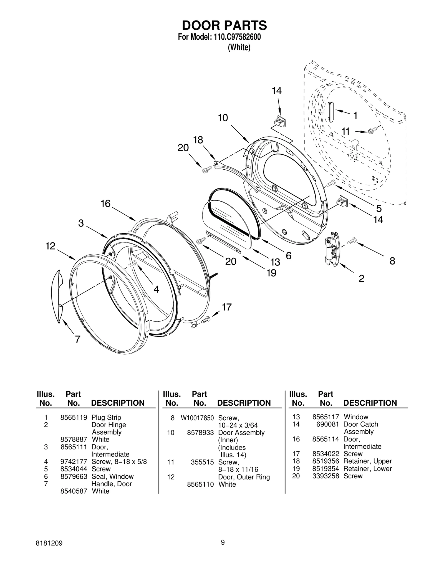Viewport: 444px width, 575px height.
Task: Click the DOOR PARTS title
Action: tap(224, 26)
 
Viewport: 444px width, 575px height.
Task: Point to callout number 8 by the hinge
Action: tap(392, 261)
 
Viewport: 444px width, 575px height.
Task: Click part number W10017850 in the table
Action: tap(197, 418)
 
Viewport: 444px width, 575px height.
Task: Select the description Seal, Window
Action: tap(112, 476)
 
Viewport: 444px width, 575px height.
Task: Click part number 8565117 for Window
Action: tap(326, 417)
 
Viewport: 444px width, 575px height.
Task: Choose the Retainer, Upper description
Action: tap(367, 461)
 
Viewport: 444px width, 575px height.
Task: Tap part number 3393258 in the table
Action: tap(326, 476)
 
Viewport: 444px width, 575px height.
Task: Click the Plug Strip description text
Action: tap(106, 418)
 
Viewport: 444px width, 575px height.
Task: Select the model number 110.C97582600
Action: tap(237, 37)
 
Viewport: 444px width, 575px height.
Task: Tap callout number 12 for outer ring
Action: tap(51, 246)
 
